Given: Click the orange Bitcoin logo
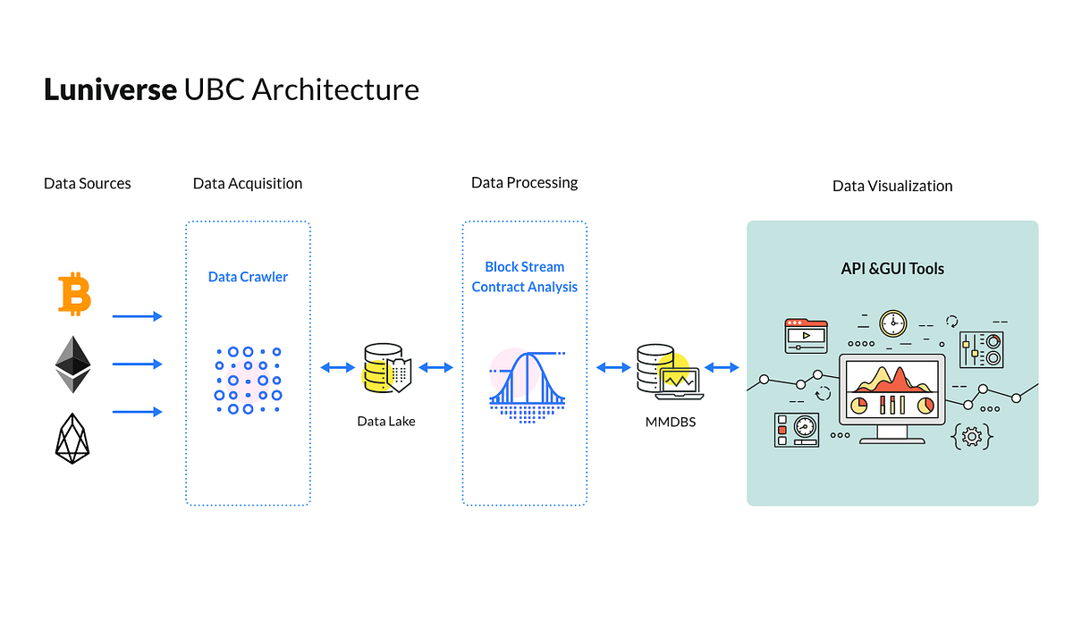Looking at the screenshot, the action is (x=74, y=294).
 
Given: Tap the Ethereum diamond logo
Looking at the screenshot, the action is (x=72, y=365).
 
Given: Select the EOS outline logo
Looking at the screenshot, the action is (x=72, y=439).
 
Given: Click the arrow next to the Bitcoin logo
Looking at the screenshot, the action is (x=138, y=316).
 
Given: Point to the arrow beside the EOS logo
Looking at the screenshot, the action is (x=138, y=412).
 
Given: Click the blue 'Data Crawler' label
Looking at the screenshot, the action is (x=248, y=277).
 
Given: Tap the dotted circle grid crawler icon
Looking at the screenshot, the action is (x=248, y=381).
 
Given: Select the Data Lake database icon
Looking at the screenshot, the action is (x=387, y=367).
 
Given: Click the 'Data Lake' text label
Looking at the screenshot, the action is (x=386, y=421).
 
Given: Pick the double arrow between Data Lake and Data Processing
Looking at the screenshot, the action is (x=436, y=367).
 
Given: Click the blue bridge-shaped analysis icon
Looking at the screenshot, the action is (x=527, y=386).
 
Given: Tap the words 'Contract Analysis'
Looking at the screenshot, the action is (x=525, y=287).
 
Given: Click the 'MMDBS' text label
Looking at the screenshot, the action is (x=670, y=422).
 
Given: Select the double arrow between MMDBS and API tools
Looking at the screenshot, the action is (x=722, y=367).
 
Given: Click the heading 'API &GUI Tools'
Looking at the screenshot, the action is (x=892, y=269).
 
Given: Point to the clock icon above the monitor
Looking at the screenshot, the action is (x=893, y=323).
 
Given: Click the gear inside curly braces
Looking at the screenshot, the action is (x=972, y=437).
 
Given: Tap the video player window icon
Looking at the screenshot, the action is (x=807, y=336).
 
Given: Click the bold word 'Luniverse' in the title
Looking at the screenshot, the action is (x=110, y=89).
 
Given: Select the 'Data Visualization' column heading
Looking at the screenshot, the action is (x=892, y=186).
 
